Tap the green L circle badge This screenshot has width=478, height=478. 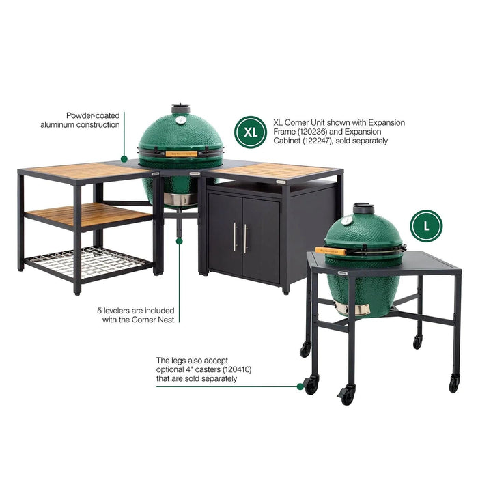point(427,225)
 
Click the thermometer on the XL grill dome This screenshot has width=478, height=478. point(180,120)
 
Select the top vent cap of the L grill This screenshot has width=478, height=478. point(362,206)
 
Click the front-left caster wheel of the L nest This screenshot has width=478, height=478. point(311,385)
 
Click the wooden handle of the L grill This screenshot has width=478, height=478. point(331,251)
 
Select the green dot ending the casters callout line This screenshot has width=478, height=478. point(300,386)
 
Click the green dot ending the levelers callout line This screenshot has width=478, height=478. point(180,240)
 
